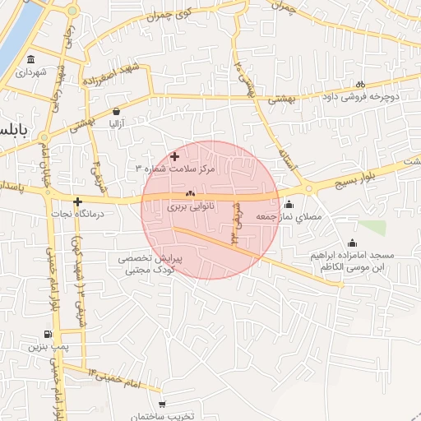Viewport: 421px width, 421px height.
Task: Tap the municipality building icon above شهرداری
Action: pos(31,59)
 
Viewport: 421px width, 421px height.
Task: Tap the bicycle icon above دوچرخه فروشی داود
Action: pos(360,84)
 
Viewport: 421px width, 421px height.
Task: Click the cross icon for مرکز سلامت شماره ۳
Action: pos(174,156)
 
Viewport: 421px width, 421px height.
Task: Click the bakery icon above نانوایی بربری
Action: pos(191,195)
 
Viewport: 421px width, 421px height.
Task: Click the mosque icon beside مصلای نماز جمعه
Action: pos(288,205)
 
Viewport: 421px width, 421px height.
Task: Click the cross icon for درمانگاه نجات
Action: pos(77,201)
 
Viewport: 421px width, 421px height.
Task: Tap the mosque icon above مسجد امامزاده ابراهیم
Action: pos(353,243)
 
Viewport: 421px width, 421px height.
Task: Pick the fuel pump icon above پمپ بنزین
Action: pos(48,335)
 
